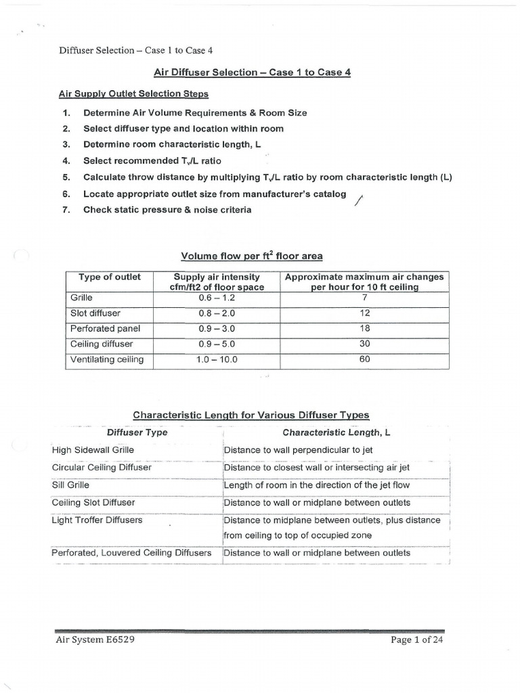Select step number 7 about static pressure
click(x=167, y=210)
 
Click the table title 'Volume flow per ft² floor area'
click(x=251, y=256)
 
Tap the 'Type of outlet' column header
click(x=110, y=277)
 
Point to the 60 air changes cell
click(x=364, y=359)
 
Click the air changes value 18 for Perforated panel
click(x=364, y=328)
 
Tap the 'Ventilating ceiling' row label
click(x=107, y=359)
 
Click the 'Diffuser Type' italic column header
click(x=137, y=432)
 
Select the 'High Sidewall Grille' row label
click(x=93, y=449)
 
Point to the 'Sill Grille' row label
click(x=70, y=485)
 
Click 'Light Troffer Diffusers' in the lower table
click(x=97, y=520)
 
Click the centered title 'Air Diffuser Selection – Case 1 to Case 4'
click(x=252, y=72)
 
